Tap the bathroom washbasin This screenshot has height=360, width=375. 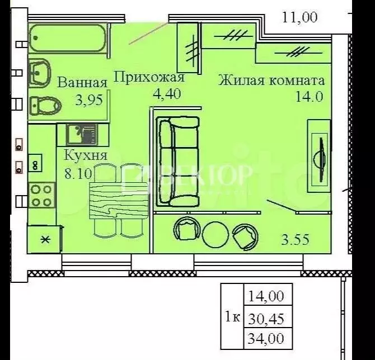coord(39,73)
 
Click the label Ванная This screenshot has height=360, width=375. coord(82,83)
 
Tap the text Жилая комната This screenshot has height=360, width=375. coord(271,80)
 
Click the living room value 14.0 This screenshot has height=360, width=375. coord(310,96)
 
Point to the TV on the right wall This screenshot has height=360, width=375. coord(320,152)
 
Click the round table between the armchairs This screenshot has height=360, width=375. coord(214,234)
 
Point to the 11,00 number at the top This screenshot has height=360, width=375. coord(299,17)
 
